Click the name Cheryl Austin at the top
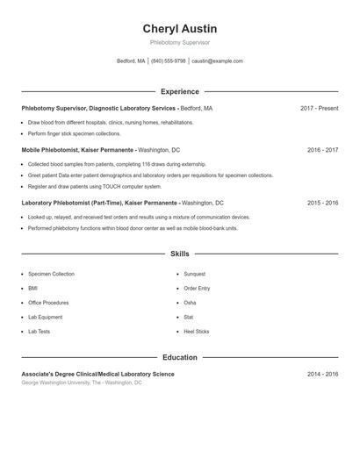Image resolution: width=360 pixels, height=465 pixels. point(179,28)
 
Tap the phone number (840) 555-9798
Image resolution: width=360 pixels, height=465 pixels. point(169,61)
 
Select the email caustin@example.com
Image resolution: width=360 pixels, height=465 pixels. point(217,61)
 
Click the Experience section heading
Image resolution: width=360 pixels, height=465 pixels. point(179,91)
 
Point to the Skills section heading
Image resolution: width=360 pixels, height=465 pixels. point(179,254)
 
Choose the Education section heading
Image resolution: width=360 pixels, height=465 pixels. point(179,357)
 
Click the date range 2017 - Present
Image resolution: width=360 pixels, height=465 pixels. point(319,108)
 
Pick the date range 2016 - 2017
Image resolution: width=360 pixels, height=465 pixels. point(322,150)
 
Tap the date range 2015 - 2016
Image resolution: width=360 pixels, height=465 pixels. point(322,203)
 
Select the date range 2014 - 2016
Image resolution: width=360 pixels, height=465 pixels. point(322,374)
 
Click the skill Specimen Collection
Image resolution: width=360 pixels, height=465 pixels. point(51,274)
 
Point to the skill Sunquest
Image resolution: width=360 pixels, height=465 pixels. point(195,274)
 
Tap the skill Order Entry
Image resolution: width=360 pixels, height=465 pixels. point(197,288)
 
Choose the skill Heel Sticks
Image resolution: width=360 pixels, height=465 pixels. point(197,332)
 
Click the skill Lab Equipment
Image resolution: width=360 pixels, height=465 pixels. point(45,317)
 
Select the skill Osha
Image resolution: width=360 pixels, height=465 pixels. point(190,303)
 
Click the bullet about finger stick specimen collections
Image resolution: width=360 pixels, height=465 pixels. point(74,133)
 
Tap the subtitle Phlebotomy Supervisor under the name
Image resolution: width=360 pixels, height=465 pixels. point(179,42)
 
